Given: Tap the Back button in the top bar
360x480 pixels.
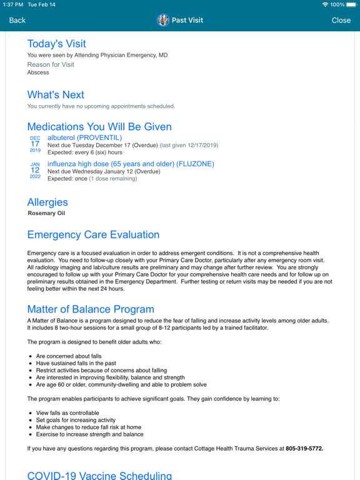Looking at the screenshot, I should click(17, 21).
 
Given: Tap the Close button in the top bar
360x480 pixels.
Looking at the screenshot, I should click(341, 21).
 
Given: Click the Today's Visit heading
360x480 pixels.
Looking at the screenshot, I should click(65, 44).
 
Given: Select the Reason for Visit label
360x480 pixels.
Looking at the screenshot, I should click(50, 64).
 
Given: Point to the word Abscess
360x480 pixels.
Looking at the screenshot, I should click(37, 72).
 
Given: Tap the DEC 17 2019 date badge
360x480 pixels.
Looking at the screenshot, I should click(35, 145).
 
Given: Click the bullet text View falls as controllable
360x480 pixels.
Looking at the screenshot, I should click(71, 413).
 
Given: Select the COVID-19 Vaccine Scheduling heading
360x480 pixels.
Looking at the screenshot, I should click(99, 475).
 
